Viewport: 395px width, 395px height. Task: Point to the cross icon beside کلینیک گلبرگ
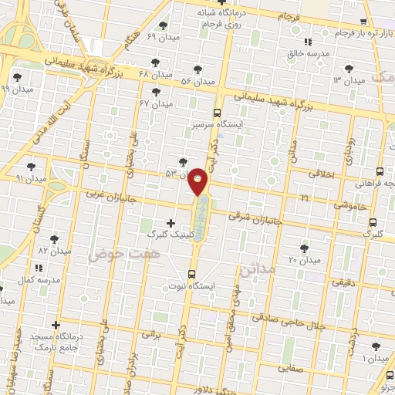click(170, 223)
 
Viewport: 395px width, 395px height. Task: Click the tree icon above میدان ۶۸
click(157, 62)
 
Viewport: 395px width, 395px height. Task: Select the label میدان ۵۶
click(197, 81)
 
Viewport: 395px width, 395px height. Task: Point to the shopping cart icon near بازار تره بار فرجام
click(363, 22)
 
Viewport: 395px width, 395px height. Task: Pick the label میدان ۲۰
click(303, 259)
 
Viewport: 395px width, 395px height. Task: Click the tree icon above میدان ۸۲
click(54, 239)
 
